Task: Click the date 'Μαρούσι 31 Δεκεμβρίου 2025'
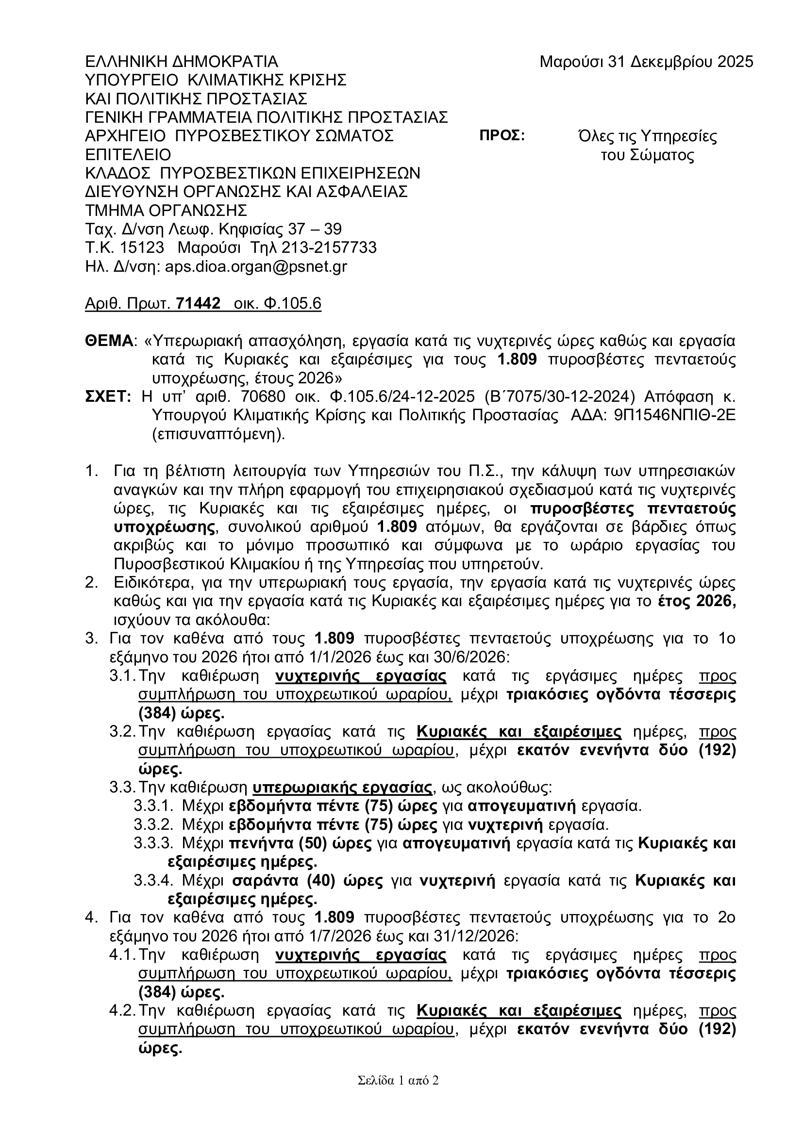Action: tap(646, 62)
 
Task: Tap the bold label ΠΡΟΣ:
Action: tap(502, 136)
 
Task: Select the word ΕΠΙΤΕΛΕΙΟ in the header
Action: tap(128, 155)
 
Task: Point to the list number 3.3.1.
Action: tap(153, 806)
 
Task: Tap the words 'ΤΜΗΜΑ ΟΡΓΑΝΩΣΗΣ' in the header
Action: tap(166, 211)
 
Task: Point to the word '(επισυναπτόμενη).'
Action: tap(219, 434)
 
